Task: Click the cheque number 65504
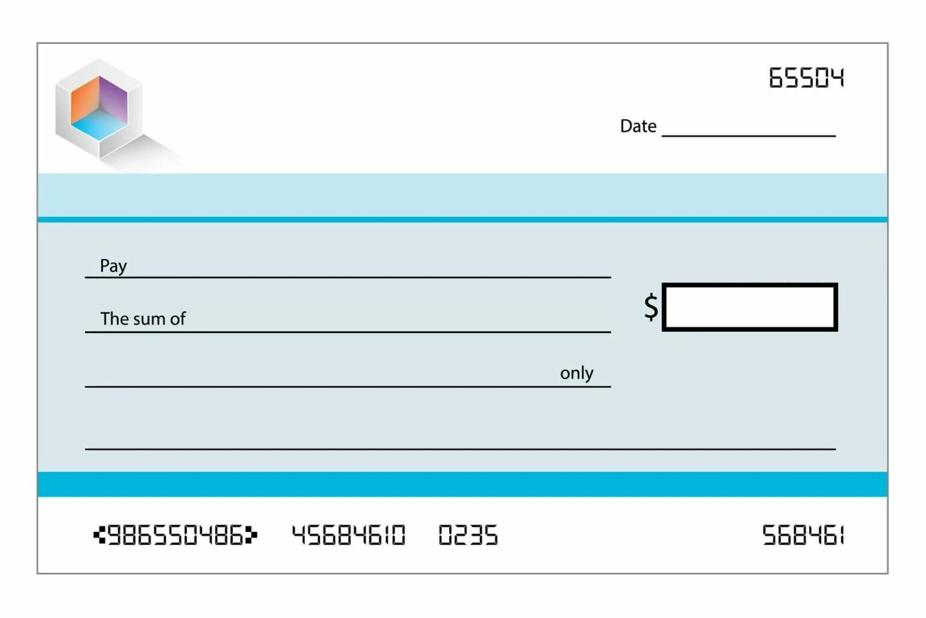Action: (x=806, y=78)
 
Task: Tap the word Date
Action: (x=638, y=126)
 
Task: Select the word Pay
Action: (x=113, y=266)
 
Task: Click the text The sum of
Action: (x=143, y=319)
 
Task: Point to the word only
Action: (x=576, y=374)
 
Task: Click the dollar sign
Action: (x=650, y=307)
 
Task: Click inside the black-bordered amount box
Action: (x=749, y=307)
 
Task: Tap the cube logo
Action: (x=99, y=109)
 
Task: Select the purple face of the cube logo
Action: (x=114, y=98)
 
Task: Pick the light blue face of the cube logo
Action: (x=98, y=125)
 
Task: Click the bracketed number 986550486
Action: (x=175, y=535)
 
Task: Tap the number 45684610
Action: (x=348, y=535)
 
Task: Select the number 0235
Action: (x=468, y=535)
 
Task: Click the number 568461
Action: (x=802, y=535)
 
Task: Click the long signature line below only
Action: (x=460, y=448)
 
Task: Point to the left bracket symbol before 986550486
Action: (x=99, y=535)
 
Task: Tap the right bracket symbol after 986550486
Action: (x=251, y=535)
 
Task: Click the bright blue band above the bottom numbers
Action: (x=462, y=485)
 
